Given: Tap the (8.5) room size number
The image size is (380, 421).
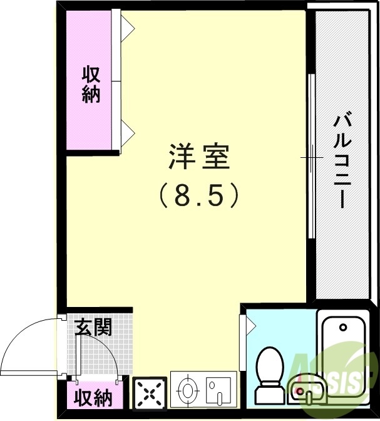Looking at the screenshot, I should (x=199, y=197).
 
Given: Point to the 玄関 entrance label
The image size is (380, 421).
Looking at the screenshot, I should (x=93, y=326).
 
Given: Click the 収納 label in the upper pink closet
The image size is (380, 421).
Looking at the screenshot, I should (x=91, y=85).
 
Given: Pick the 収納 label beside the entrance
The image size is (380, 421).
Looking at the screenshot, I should (x=93, y=397).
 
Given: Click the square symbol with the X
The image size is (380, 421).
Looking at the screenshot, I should (x=150, y=393).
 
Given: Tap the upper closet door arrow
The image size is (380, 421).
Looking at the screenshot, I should (x=128, y=26).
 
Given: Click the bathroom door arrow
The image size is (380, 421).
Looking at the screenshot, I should (x=250, y=325).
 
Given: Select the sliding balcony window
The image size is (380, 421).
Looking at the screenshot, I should (x=311, y=157).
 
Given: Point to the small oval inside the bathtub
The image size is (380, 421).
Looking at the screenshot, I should (x=343, y=326).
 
